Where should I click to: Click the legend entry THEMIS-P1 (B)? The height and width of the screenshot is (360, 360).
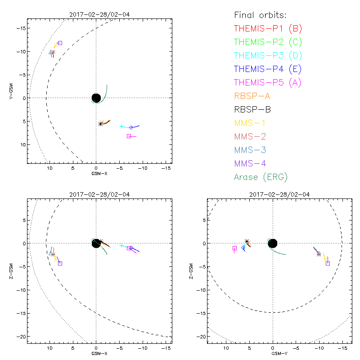pyautogui.click(x=268, y=28)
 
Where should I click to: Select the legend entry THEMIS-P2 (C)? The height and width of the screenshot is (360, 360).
pyautogui.click(x=268, y=42)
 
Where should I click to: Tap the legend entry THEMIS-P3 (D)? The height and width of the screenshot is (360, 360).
pyautogui.click(x=268, y=55)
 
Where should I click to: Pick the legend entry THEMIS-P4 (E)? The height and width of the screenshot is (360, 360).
pyautogui.click(x=268, y=69)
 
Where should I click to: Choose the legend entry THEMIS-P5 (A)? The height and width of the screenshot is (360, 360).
pyautogui.click(x=268, y=82)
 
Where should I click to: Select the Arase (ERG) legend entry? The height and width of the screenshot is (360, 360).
pyautogui.click(x=261, y=177)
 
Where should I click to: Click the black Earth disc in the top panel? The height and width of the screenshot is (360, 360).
pyautogui.click(x=96, y=98)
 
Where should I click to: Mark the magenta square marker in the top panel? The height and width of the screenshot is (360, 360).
pyautogui.click(x=129, y=136)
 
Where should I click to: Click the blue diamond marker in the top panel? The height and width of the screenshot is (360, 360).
pyautogui.click(x=131, y=128)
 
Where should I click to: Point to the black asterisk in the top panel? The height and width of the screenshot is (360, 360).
pyautogui.click(x=100, y=124)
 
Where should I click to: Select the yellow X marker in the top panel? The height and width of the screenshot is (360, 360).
pyautogui.click(x=56, y=45)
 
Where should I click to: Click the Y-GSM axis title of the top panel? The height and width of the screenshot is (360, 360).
pyautogui.click(x=11, y=91)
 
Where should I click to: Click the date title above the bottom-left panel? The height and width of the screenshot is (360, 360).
pyautogui.click(x=96, y=194)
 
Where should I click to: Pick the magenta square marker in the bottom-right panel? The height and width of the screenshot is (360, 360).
pyautogui.click(x=234, y=248)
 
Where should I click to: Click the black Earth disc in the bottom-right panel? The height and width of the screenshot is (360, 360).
pyautogui.click(x=272, y=243)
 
